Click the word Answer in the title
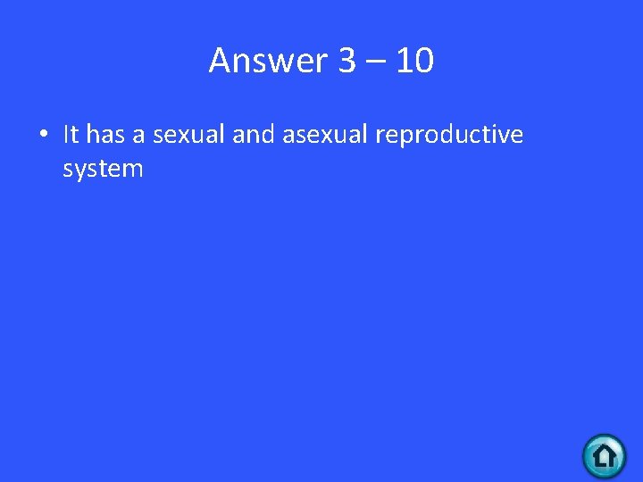tap(269, 61)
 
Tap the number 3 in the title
tap(347, 61)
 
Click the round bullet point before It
tap(43, 136)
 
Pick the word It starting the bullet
tap(71, 135)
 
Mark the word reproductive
tap(449, 136)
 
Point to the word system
tap(103, 169)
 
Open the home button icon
tap(604, 456)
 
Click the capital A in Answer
tap(220, 61)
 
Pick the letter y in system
tap(84, 170)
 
